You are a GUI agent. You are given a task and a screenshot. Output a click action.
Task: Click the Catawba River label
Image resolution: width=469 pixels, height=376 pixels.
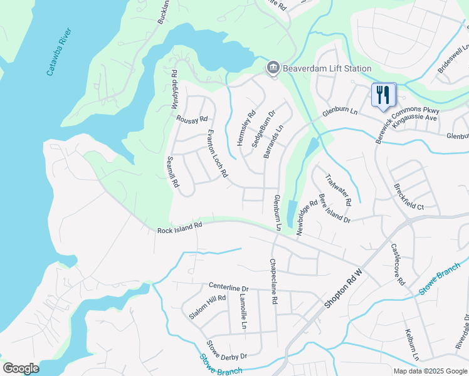tap(60, 52)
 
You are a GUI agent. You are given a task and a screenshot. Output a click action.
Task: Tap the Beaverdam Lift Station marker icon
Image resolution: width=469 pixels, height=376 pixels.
tap(273, 68)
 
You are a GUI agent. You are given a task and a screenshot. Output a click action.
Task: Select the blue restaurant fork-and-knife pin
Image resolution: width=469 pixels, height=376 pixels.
tap(383, 95)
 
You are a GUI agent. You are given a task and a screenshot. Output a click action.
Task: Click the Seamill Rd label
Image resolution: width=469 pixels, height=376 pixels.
tap(172, 172)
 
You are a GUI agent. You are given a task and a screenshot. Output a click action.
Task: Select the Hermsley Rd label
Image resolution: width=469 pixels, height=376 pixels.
tap(246, 128)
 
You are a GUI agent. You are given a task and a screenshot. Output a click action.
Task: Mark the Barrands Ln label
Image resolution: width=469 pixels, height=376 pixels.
tap(273, 140)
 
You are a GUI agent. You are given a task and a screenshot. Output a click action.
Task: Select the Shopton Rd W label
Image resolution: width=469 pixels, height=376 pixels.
tap(344, 288)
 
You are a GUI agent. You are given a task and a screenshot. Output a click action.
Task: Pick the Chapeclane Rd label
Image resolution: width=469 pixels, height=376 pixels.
tap(273, 282)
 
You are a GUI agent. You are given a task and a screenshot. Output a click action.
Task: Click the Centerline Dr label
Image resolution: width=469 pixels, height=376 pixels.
tap(229, 287)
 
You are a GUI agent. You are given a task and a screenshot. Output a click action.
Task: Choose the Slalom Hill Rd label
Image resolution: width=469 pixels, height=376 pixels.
tap(208, 306)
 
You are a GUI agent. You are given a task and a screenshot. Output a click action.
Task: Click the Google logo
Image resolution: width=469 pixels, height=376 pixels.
tap(21, 368)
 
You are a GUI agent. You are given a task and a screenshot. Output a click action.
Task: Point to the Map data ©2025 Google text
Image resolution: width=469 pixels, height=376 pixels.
tap(429, 371)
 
